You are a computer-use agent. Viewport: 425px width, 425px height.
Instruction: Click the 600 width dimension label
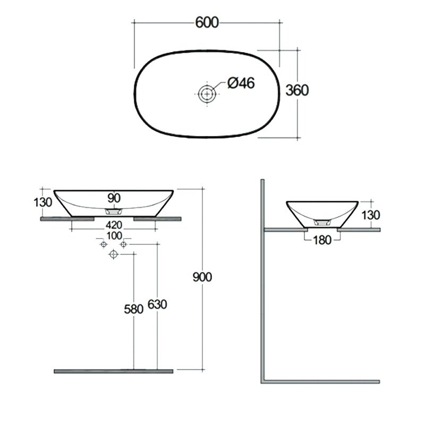click(207, 22)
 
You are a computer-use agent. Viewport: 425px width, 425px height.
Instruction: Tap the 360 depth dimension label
click(297, 90)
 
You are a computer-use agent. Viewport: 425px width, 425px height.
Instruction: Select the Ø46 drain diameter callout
click(241, 83)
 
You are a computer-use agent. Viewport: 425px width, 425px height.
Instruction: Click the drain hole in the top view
click(207, 94)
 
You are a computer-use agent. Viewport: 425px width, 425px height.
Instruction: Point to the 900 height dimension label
click(202, 277)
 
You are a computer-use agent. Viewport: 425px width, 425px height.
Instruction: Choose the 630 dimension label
click(157, 304)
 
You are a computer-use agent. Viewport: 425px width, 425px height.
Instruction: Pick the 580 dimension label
click(134, 309)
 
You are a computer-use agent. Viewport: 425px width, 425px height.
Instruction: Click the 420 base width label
click(114, 225)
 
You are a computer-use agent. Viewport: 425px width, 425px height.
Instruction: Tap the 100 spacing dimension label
click(114, 236)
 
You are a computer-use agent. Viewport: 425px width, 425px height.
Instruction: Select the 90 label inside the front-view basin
click(114, 198)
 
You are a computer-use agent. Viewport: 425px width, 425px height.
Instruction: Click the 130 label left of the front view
click(43, 202)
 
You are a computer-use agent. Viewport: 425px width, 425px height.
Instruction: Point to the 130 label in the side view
click(371, 215)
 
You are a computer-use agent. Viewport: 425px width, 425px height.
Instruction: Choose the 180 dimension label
click(322, 240)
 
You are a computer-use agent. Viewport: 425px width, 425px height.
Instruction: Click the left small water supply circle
click(103, 244)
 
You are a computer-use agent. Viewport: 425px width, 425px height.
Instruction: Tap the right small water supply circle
click(123, 244)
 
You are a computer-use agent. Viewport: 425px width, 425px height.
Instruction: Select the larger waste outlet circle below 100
click(113, 254)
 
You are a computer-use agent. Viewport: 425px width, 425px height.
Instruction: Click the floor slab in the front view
click(114, 371)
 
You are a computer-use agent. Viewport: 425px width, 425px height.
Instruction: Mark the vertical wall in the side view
click(262, 280)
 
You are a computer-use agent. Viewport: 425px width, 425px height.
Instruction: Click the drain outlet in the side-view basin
click(322, 223)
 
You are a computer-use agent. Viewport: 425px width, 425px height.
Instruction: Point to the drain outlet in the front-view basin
click(114, 211)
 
